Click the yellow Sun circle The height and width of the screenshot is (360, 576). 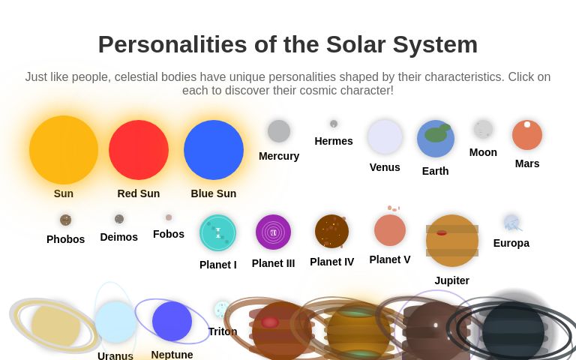tap(64, 150)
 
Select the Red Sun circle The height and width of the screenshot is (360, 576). tap(139, 150)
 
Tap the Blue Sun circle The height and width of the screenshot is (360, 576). tap(214, 150)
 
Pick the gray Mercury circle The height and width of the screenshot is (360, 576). tap(279, 131)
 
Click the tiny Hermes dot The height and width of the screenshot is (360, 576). tap(334, 124)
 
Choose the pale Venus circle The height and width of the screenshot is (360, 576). tap(385, 137)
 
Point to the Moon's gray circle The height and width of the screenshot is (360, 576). tap(483, 129)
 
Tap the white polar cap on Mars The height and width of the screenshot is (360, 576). tap(527, 124)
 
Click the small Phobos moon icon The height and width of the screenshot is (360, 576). tap(66, 220)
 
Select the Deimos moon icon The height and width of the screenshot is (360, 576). tap(119, 219)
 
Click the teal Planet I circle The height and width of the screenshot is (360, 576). tap(218, 232)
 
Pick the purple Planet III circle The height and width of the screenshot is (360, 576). tap(273, 232)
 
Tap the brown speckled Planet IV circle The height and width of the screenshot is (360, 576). tap(331, 231)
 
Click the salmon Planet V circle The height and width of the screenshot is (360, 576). tap(390, 230)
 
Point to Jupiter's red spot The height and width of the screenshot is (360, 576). tap(442, 232)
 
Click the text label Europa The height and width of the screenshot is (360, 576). tap(511, 243)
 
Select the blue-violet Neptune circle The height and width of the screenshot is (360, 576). tap(172, 321)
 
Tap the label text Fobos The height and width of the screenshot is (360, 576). tap(169, 234)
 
